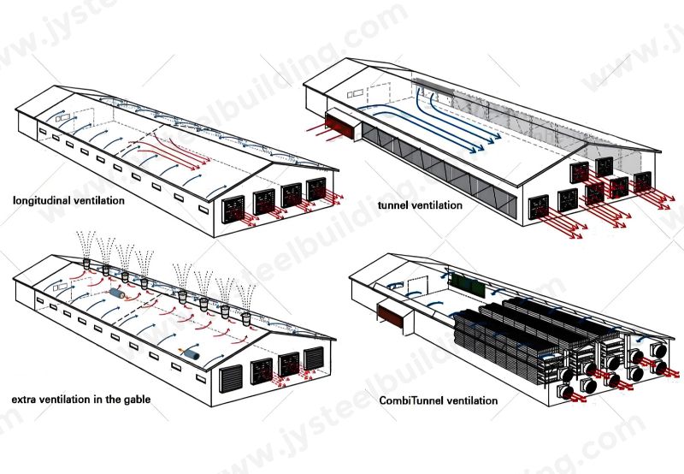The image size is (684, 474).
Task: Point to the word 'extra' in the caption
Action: [x=26, y=400]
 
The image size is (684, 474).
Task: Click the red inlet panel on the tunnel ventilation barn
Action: [x=340, y=127]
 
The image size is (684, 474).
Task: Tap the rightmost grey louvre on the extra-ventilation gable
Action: [x=315, y=358]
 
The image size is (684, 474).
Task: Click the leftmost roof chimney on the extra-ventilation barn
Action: [x=89, y=266]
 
